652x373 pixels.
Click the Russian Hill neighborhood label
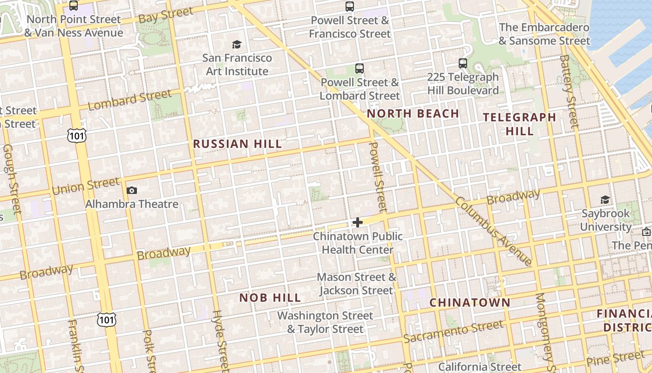(238, 144)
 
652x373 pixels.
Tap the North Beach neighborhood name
(413, 113)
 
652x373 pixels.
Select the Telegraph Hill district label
(520, 124)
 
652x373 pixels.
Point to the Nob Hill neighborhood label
(270, 297)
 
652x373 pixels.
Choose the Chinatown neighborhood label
(470, 302)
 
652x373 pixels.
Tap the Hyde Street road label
(220, 340)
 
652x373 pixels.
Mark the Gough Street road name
(12, 179)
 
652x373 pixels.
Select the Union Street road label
(86, 186)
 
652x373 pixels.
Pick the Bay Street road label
(159, 15)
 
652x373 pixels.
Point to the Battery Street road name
(569, 91)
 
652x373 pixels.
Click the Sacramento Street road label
(453, 332)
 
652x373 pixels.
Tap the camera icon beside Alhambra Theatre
(132, 190)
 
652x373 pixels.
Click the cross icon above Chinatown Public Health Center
(358, 222)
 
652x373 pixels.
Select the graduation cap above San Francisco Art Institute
(237, 44)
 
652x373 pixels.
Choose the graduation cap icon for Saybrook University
(605, 200)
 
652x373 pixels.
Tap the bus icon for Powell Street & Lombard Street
(360, 69)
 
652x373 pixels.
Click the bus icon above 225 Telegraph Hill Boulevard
(462, 63)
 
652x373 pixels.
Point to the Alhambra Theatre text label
(132, 204)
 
